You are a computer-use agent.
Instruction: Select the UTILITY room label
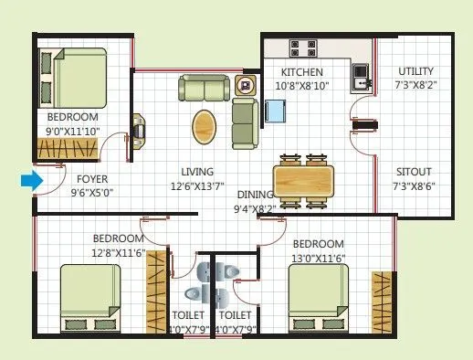tap(415, 71)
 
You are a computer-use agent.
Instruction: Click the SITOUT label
tap(414, 172)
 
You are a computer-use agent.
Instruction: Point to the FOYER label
tap(92, 179)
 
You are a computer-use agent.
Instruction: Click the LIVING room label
tap(197, 172)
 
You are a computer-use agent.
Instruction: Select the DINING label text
tap(256, 195)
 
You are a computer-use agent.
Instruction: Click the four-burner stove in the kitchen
tap(303, 47)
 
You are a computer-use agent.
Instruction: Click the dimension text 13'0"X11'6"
tap(318, 259)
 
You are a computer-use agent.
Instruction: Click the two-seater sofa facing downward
tap(205, 89)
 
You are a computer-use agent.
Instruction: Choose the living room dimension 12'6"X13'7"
tap(197, 186)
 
